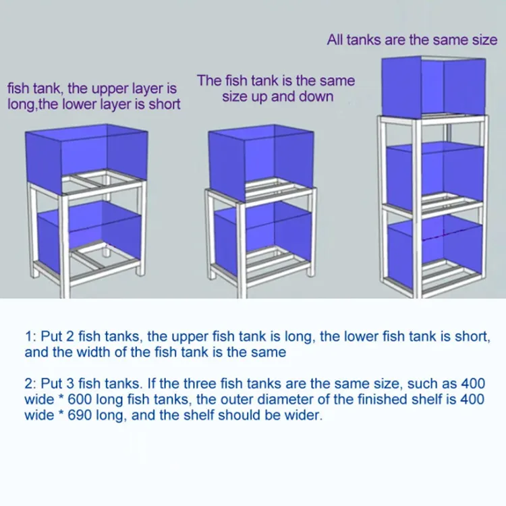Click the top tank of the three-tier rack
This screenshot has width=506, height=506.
[x=433, y=86]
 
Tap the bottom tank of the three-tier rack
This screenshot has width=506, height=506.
[x=435, y=252]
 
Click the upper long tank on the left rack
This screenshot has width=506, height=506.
[x=86, y=159]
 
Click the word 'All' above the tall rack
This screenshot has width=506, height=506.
[x=335, y=40]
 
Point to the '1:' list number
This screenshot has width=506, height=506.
[x=30, y=337]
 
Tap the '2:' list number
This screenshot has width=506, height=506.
[x=31, y=384]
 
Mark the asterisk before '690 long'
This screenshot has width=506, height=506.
[x=61, y=413]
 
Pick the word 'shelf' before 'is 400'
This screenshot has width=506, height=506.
[x=424, y=399]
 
